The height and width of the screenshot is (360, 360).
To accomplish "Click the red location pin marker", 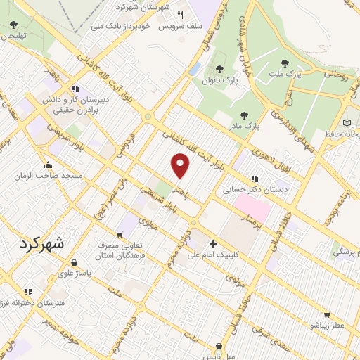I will [x=181, y=166].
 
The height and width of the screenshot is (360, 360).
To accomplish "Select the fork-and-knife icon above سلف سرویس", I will [x=179, y=15].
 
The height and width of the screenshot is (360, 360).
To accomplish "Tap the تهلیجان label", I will [x=14, y=35].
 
